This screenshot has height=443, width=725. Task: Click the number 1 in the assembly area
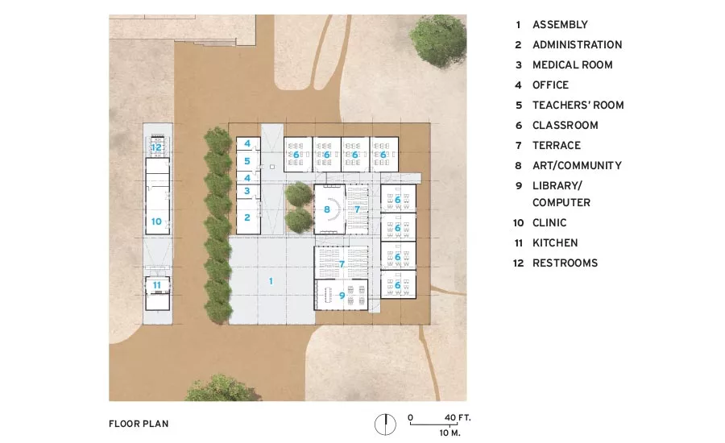point(271,281)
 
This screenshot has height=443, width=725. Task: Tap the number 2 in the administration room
point(247,217)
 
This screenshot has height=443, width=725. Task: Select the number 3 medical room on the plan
point(247,191)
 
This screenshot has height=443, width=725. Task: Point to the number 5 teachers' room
point(247,161)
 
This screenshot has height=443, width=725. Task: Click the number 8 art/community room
point(327,209)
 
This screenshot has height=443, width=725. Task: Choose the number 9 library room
point(342,296)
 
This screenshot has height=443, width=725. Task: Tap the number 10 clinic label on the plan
point(156,221)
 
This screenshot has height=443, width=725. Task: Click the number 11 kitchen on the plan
point(157,285)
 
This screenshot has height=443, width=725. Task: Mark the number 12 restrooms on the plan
point(156,147)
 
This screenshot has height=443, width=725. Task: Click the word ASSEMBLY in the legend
point(560,24)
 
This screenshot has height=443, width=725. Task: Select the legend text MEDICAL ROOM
point(573,64)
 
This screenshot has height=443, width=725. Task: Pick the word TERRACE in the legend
point(556,145)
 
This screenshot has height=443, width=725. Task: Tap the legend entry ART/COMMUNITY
point(577,166)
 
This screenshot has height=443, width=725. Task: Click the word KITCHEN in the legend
point(555,242)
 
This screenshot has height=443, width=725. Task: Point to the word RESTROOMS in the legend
point(565,263)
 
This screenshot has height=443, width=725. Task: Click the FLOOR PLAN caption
point(139,424)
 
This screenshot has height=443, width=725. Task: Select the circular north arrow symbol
point(385,424)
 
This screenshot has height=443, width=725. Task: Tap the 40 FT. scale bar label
point(458,417)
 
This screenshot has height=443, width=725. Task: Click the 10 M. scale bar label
point(449,433)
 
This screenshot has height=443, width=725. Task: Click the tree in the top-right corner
point(438,40)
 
